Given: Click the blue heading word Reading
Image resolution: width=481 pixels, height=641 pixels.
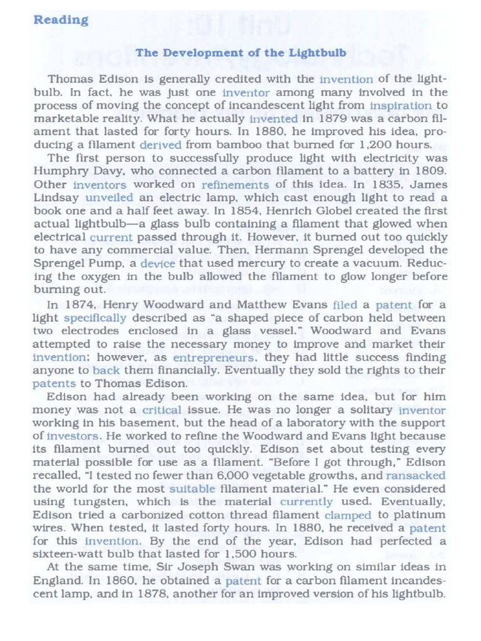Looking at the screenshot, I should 61,20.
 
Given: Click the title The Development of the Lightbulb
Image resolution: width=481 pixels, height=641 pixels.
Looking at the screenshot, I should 241,53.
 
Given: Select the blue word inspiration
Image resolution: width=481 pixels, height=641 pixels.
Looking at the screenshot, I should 400,106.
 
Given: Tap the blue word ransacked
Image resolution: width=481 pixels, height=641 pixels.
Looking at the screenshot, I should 416,476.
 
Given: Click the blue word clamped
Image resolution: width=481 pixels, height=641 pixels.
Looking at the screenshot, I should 348,515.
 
